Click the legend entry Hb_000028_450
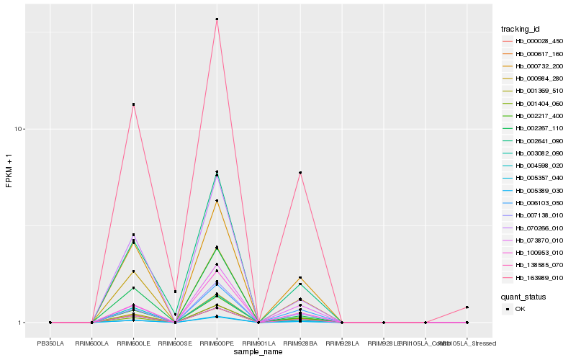534,41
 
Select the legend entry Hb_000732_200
534,66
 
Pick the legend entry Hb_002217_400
534,115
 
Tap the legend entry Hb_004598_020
534,165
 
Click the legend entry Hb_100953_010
534,252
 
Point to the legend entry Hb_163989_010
534,277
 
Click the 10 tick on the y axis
21,129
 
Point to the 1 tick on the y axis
23,323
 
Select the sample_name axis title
258,352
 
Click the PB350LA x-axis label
50,343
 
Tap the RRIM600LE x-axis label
133,343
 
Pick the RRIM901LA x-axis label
258,343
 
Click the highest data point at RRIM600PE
217,19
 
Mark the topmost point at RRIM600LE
133,104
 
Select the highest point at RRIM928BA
300,173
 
